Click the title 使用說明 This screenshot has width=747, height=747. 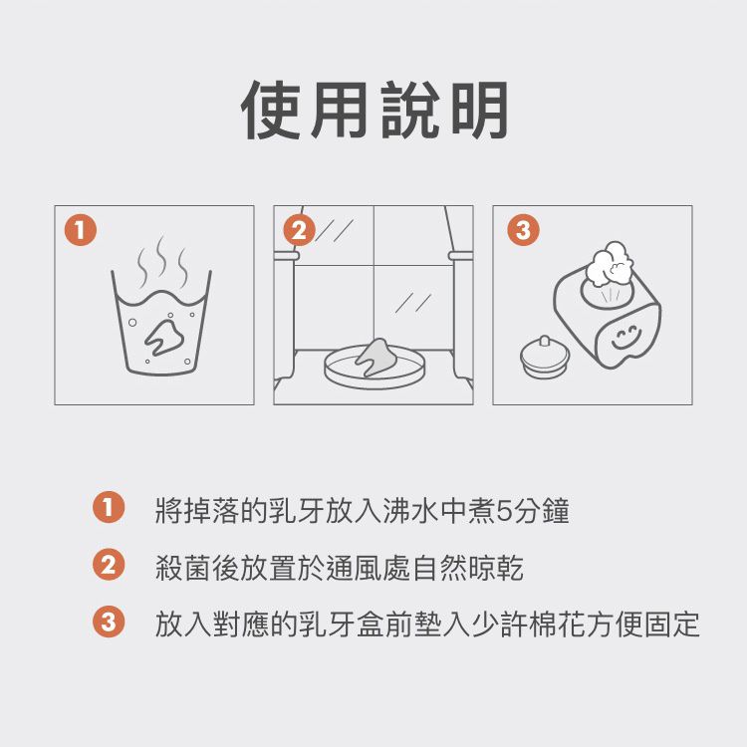374,111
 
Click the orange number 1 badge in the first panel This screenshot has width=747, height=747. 81,230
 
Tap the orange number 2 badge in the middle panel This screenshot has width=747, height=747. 299,230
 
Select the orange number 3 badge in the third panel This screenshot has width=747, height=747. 523,230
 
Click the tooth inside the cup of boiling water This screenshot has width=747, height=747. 164,336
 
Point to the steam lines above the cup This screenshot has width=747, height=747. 162,261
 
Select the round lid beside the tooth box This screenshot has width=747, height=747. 545,357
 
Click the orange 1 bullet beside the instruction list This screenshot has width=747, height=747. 109,507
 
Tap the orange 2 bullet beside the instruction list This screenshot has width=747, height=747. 109,565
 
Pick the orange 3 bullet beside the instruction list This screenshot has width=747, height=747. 109,622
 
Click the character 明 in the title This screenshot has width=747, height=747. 479,111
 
